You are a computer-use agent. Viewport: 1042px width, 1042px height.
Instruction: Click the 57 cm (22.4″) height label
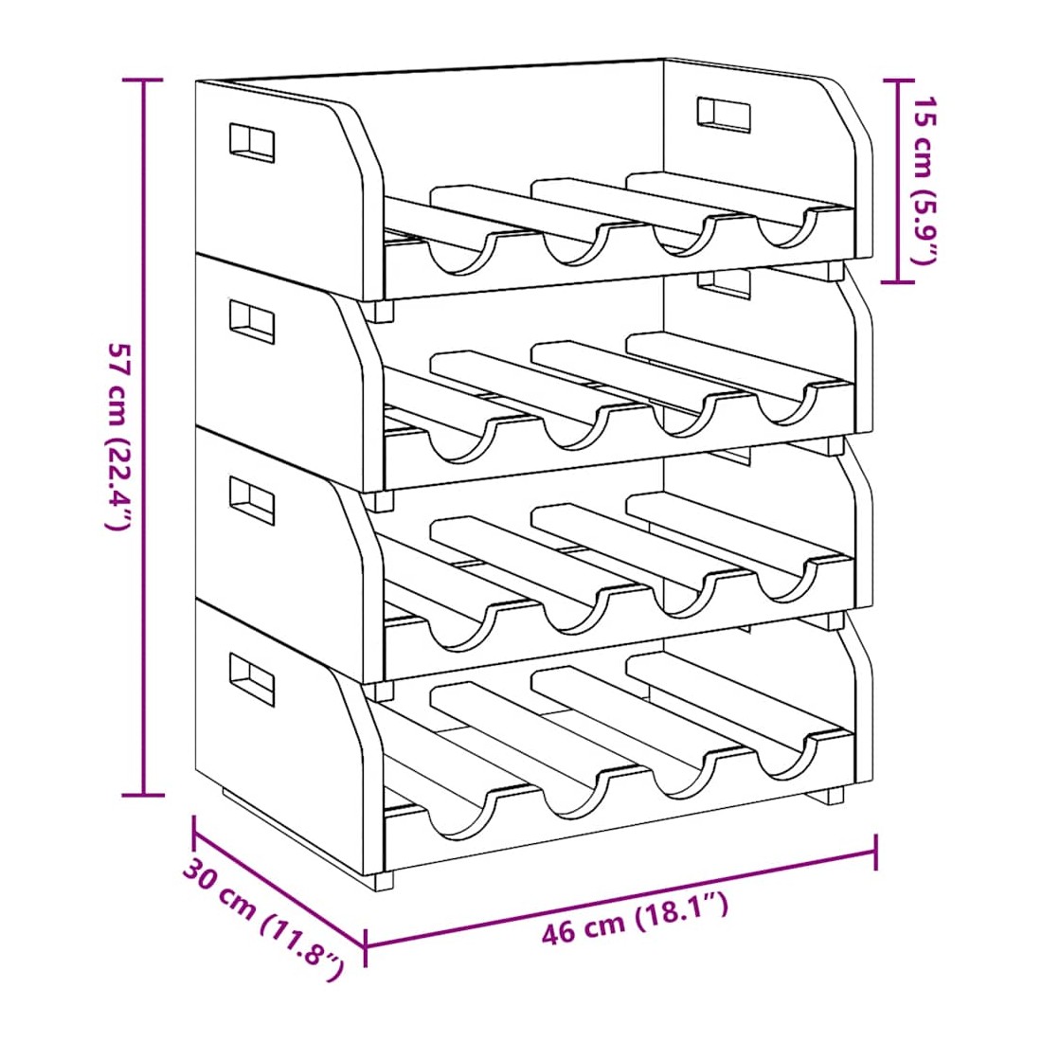coord(117,437)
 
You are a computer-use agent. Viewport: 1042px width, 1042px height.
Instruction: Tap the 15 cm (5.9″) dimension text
coord(925,180)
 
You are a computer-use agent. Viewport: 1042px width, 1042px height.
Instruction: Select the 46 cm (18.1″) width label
coord(636,917)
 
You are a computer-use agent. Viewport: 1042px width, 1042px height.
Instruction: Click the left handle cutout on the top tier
coord(252,142)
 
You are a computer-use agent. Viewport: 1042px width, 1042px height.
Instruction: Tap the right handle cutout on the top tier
coord(724,116)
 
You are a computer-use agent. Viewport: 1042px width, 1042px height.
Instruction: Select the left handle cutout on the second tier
coord(252,322)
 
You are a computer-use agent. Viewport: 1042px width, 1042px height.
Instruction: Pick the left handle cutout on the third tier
coord(252,500)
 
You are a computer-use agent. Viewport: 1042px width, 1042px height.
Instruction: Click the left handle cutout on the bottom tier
coord(252,679)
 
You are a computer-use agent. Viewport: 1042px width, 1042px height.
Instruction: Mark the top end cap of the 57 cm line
coord(143,80)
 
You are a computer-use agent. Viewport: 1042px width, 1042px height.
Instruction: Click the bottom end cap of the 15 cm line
coord(898,281)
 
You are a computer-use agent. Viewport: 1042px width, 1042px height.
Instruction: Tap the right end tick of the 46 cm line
coord(876,852)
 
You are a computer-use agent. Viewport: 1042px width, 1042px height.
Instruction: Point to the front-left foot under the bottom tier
coord(384,881)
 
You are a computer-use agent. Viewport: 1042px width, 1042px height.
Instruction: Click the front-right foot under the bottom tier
coord(834,795)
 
